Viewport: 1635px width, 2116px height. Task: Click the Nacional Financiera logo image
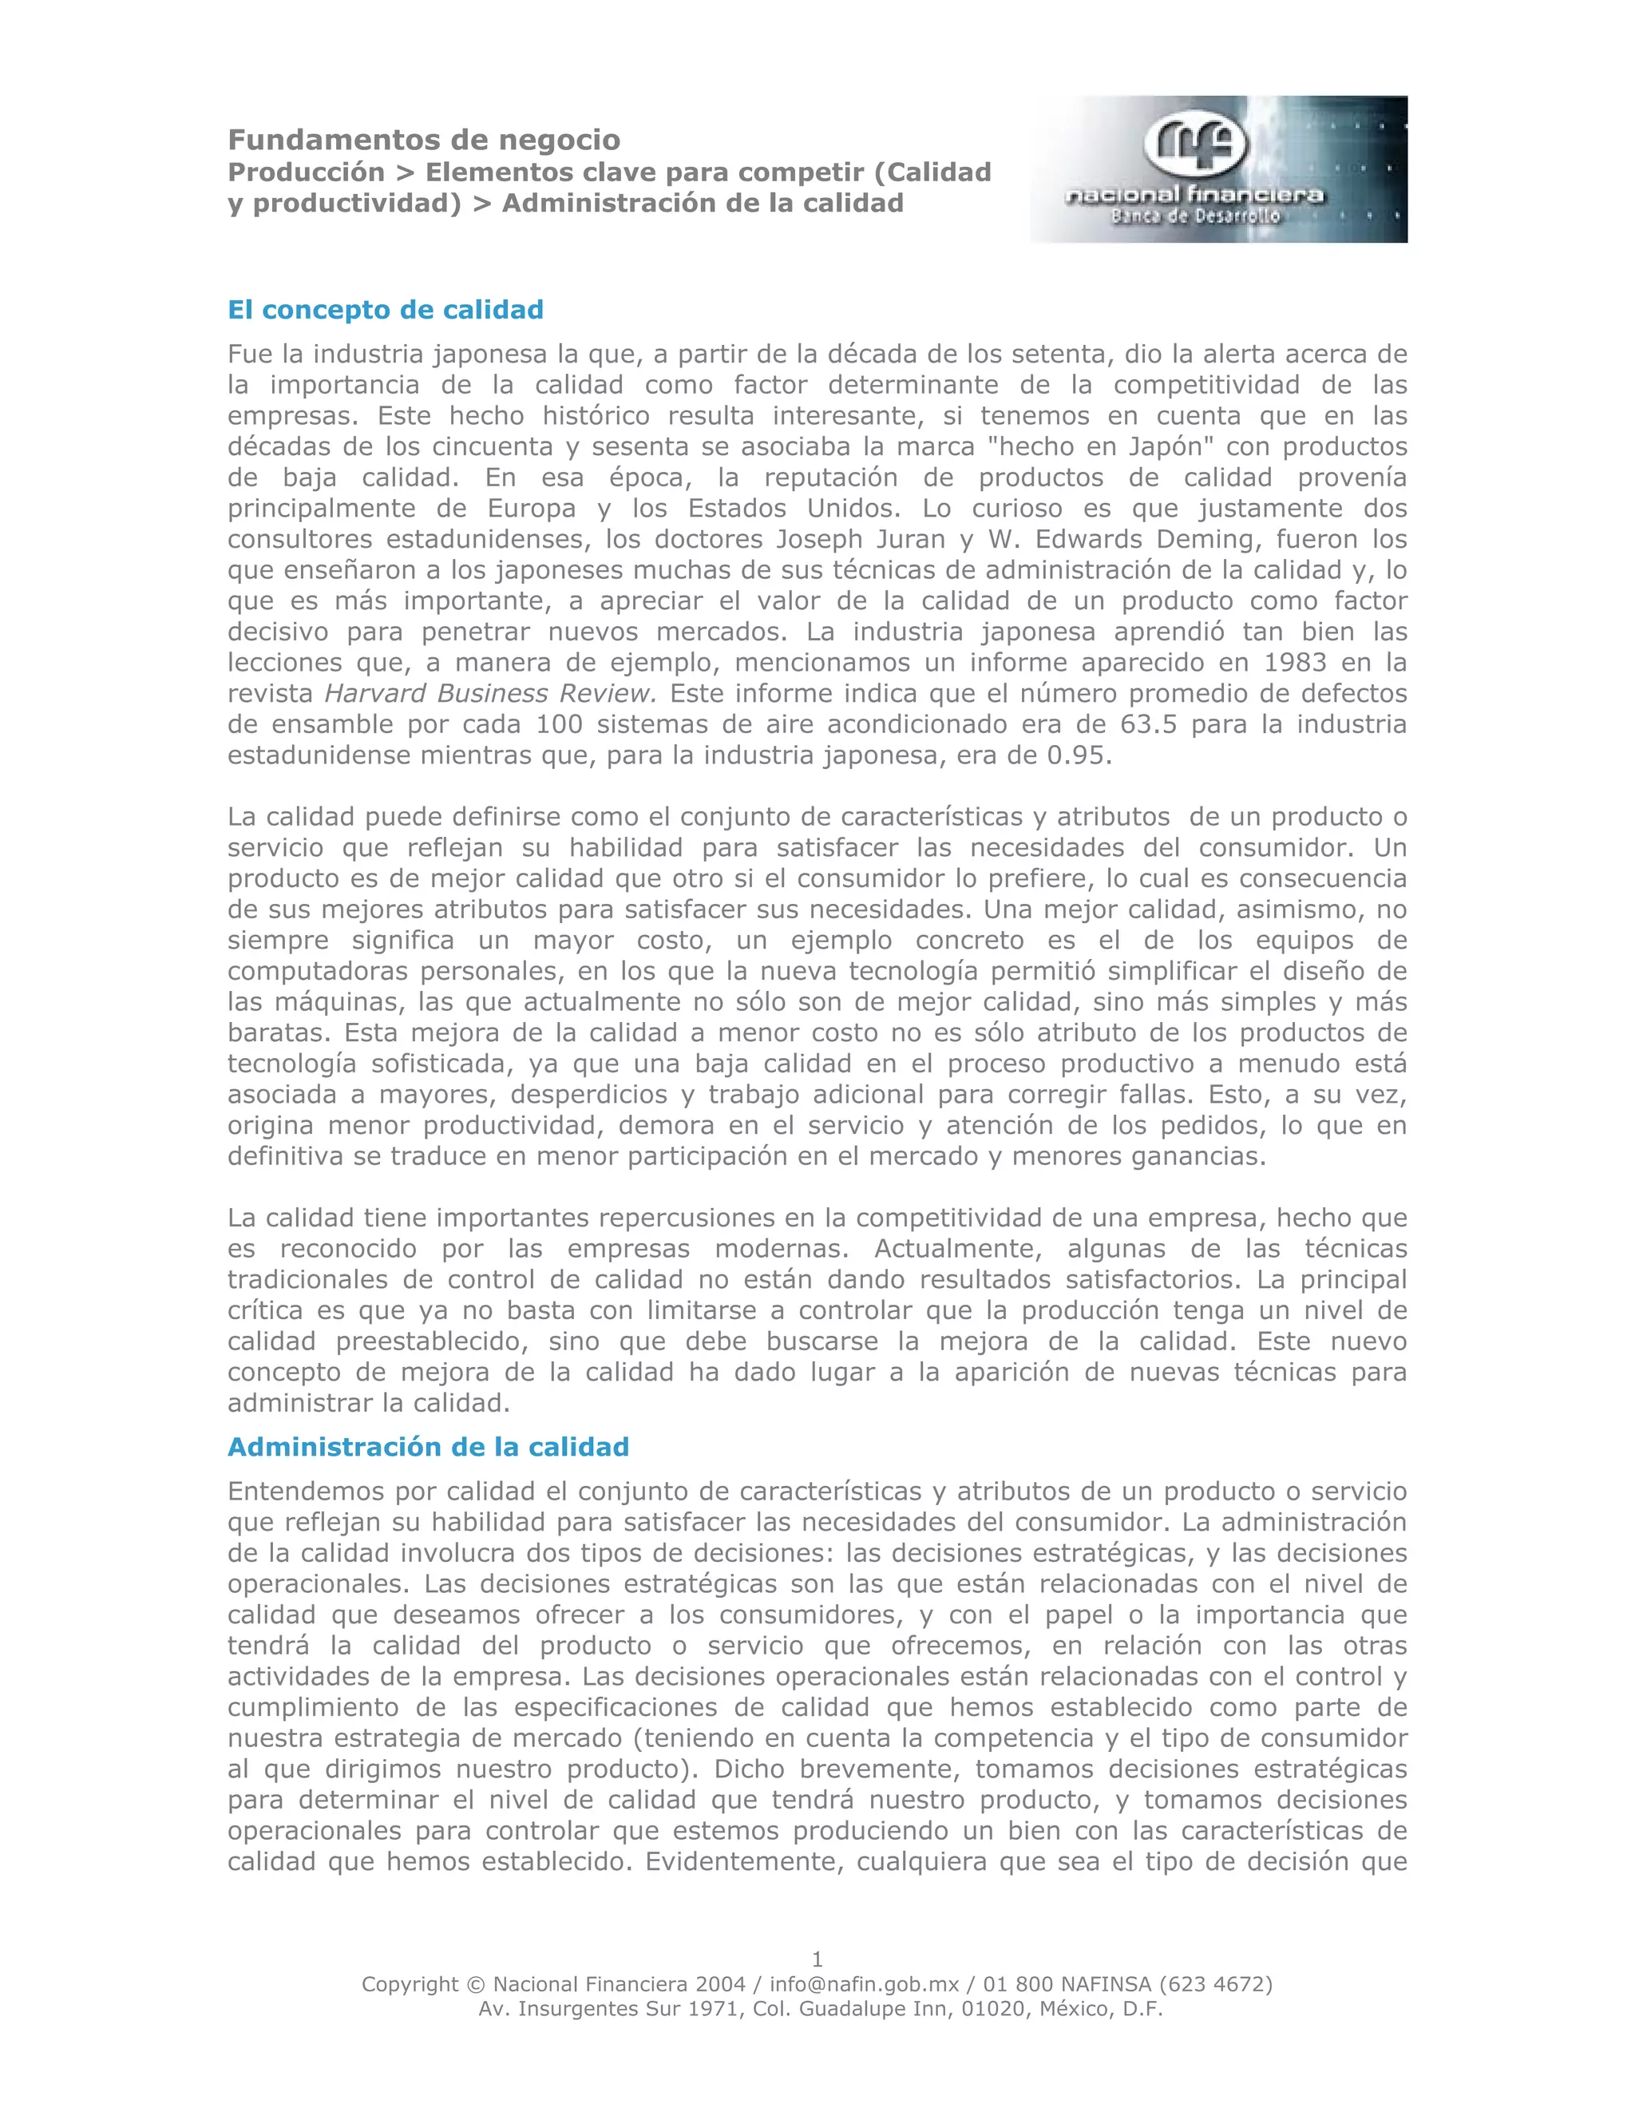1217,168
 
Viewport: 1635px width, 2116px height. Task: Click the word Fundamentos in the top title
316,141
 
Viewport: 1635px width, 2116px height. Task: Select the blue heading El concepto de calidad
386,310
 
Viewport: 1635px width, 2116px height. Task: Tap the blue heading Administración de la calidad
428,1448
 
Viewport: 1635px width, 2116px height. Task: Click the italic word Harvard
376,694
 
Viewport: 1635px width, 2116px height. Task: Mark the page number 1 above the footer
817,1959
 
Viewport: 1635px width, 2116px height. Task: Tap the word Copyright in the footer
410,1984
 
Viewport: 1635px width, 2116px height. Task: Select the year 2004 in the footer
718,1984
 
